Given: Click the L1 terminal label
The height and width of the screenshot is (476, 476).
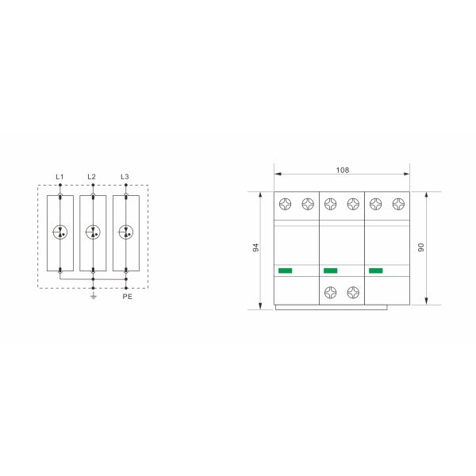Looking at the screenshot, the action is click(x=59, y=177).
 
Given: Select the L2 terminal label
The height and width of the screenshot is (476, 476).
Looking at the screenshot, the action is click(x=91, y=177).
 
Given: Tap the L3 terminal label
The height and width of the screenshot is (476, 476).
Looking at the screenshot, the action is click(x=125, y=177).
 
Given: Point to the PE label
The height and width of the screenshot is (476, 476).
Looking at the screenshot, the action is click(x=128, y=296).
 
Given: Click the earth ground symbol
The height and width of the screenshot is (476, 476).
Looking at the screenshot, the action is click(x=93, y=296).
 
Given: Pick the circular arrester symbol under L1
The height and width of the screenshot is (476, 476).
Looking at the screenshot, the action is click(x=59, y=232).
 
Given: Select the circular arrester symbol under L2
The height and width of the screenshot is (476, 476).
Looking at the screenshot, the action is click(x=93, y=232).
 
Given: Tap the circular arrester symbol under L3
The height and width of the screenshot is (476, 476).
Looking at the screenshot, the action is click(x=125, y=232).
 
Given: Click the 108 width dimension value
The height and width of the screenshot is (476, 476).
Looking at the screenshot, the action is click(x=343, y=170).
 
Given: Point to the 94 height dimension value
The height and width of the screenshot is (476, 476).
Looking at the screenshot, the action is click(x=255, y=248).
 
